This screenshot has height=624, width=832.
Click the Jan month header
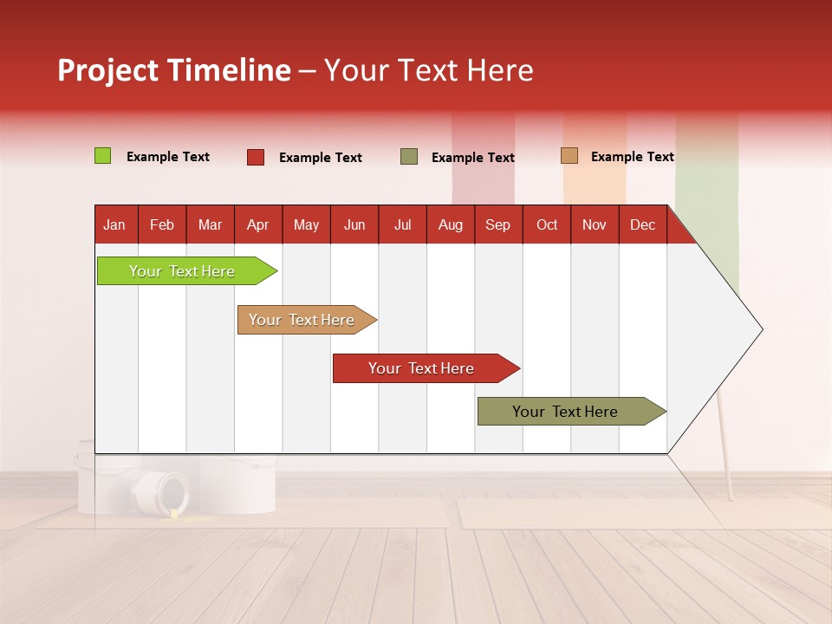(x=115, y=224)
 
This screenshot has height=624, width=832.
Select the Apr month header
(x=258, y=224)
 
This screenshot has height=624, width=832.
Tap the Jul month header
(x=402, y=224)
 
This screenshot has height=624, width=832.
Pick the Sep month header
(x=498, y=224)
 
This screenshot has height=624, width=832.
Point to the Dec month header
(x=642, y=224)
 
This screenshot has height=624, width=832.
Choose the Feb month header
(x=162, y=224)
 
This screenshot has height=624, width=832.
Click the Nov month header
(x=595, y=224)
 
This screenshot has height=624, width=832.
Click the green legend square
(x=102, y=156)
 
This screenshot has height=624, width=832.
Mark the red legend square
(x=256, y=157)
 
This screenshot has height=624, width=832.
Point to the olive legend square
(x=409, y=157)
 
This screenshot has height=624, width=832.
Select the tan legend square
(x=569, y=156)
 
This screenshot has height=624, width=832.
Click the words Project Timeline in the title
(x=174, y=70)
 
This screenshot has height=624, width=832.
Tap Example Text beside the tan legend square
(x=632, y=157)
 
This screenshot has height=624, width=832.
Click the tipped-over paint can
(x=162, y=492)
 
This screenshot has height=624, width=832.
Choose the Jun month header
(x=354, y=224)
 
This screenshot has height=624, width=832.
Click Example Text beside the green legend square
(x=168, y=157)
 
